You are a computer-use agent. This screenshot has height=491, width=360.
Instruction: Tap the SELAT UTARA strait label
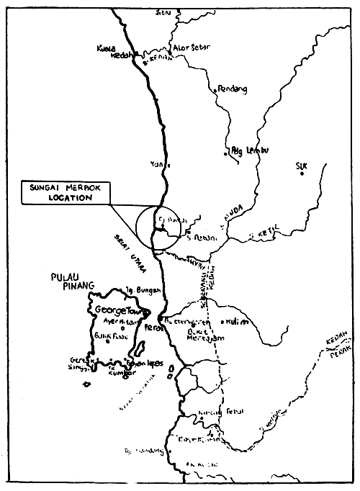[x=130, y=255]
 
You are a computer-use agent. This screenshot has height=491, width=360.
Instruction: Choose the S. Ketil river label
[x=263, y=234]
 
